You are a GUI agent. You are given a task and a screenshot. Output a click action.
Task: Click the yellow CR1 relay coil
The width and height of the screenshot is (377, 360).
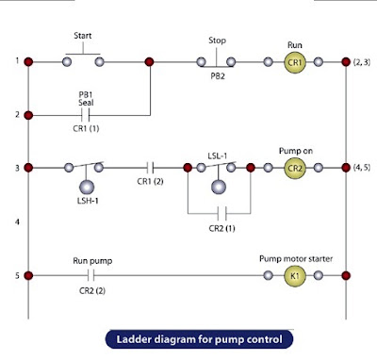295,62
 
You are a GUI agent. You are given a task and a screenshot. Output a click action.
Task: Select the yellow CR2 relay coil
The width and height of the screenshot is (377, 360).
295,168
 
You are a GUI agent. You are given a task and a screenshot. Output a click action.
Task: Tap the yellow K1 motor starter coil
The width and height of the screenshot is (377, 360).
295,276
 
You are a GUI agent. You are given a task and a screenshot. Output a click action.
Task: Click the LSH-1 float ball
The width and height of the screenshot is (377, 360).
87,188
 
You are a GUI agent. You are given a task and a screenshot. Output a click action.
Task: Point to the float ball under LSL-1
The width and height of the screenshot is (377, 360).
219,188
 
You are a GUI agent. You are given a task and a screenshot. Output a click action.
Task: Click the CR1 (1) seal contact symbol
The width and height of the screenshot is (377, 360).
86,115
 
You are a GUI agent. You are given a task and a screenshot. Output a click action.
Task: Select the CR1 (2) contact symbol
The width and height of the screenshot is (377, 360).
150,168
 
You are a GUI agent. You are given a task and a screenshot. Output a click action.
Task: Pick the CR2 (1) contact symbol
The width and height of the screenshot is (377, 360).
221,214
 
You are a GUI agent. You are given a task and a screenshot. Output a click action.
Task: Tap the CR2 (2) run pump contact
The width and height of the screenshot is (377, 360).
91,276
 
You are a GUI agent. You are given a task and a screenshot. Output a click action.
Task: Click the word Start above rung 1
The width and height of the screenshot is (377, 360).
83,36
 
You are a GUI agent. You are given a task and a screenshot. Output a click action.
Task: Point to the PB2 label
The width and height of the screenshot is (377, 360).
218,76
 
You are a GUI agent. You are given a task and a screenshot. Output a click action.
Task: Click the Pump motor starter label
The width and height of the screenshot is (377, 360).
296,259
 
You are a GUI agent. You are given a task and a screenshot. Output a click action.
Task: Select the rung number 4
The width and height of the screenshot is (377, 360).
17,221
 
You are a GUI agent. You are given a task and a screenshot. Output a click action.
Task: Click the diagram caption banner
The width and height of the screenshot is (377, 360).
199,339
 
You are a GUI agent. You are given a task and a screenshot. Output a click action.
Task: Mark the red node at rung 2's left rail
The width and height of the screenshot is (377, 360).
28,115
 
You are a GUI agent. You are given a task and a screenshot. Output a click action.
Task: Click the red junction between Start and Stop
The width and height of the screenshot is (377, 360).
149,62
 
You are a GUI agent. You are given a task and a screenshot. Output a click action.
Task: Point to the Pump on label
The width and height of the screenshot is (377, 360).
296,151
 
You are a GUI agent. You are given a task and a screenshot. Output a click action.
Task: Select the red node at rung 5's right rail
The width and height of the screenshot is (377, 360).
346,276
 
